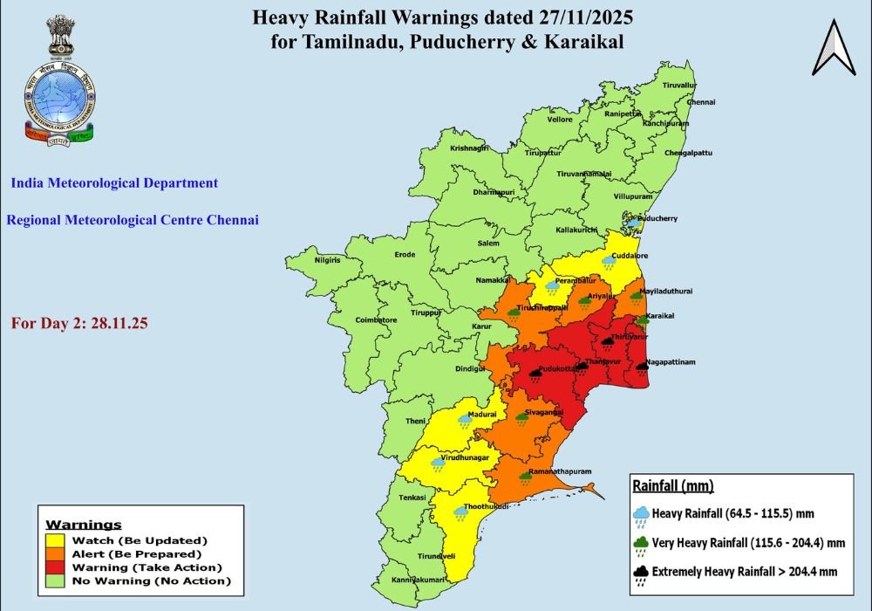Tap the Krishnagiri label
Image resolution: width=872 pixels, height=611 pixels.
click(470, 148)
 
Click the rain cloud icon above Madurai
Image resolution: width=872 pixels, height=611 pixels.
click(466, 421)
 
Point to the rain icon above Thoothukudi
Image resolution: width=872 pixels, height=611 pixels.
click(460, 513)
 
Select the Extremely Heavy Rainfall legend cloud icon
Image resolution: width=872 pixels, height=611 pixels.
click(641, 573)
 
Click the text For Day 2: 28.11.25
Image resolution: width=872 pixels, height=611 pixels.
click(79, 323)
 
